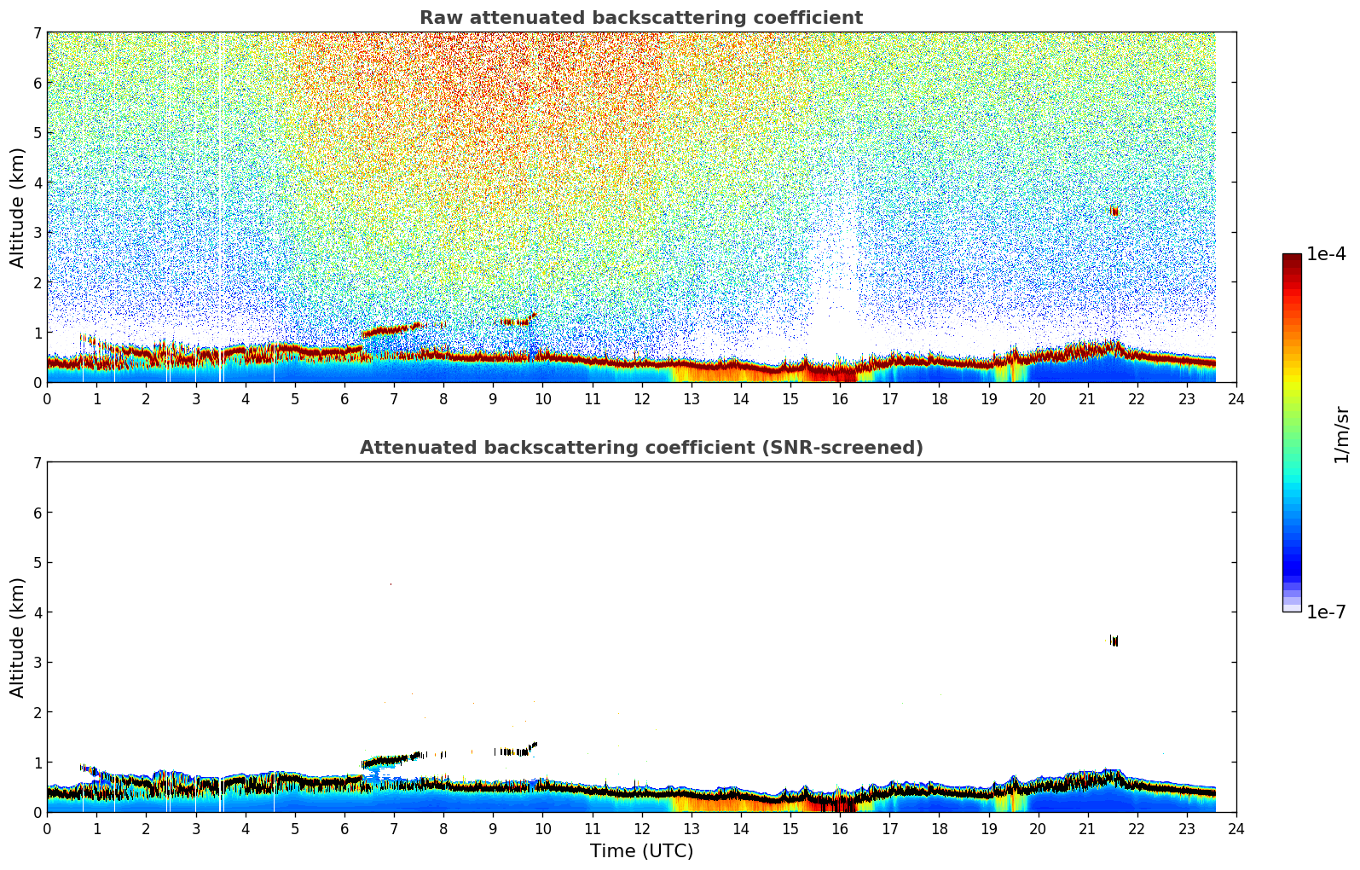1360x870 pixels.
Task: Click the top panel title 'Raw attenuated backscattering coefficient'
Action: (640, 18)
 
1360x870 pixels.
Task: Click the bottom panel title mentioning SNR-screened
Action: (640, 448)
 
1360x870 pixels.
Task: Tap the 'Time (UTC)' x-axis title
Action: (641, 850)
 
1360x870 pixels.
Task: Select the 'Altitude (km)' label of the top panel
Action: (18, 207)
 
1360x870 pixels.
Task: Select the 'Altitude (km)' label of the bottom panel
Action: (18, 637)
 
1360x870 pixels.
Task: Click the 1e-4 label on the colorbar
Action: (1326, 254)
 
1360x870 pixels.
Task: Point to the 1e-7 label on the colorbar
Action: (1326, 612)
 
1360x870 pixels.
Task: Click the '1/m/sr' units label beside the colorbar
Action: (1341, 434)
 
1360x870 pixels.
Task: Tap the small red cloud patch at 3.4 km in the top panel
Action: (1114, 211)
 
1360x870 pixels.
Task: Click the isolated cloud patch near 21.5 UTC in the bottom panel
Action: (1114, 641)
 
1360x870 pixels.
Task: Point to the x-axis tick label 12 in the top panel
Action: (641, 398)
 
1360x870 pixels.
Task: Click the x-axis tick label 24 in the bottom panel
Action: (1236, 828)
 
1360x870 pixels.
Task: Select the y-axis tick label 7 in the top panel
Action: (38, 33)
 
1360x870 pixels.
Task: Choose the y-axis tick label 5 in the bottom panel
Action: (38, 563)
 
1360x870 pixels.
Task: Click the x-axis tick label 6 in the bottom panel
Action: (344, 828)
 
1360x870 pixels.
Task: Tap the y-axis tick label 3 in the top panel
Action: (38, 233)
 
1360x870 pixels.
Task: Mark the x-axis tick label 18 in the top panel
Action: (939, 398)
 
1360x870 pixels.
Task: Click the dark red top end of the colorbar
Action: (1291, 258)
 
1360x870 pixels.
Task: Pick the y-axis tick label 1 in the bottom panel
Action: (38, 763)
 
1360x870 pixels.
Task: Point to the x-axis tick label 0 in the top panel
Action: (47, 398)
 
